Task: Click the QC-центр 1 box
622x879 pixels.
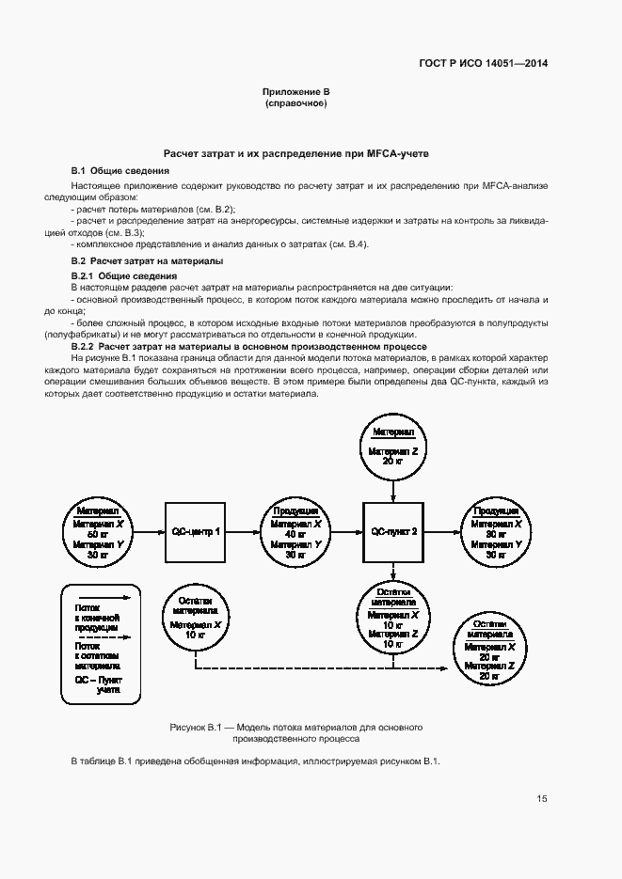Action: (x=196, y=531)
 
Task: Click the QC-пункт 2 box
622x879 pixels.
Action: (x=394, y=531)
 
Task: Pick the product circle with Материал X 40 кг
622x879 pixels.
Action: (x=296, y=531)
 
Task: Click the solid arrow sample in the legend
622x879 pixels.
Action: (x=99, y=595)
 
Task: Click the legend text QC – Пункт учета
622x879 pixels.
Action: (x=99, y=683)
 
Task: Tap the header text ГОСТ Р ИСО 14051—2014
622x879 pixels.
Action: (x=483, y=64)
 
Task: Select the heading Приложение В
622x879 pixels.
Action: (x=296, y=92)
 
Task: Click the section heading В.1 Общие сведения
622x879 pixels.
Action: (x=120, y=171)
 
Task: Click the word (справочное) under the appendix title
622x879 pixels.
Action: (x=296, y=103)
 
